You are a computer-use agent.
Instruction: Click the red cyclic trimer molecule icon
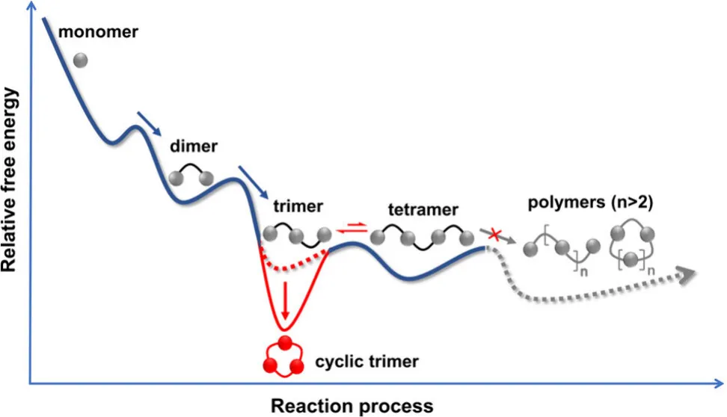click(284, 356)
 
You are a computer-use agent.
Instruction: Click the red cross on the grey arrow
click(494, 235)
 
